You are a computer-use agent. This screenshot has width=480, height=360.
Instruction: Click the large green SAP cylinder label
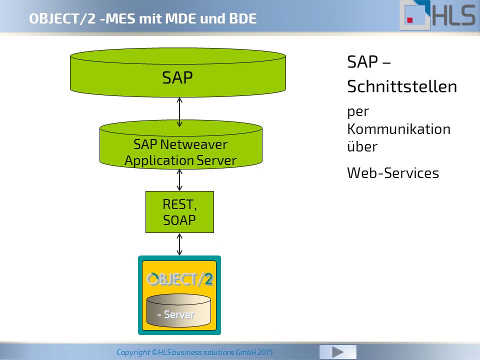(x=177, y=77)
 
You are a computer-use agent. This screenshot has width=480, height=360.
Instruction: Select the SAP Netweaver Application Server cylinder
(x=181, y=144)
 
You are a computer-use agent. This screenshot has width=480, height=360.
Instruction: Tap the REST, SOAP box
(x=179, y=212)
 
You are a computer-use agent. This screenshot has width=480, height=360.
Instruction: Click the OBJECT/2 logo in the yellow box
(x=179, y=279)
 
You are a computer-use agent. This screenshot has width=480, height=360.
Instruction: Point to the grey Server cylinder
(x=179, y=310)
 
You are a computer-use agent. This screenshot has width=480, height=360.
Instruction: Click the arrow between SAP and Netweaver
(x=179, y=112)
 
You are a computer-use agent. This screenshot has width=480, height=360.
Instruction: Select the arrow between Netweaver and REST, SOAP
(x=179, y=180)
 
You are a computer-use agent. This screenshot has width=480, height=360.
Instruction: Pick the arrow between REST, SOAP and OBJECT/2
(x=179, y=244)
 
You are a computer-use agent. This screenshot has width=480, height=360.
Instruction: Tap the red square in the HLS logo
(x=410, y=20)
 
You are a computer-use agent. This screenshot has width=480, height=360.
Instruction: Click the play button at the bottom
(x=337, y=352)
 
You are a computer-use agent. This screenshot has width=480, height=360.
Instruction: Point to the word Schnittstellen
(x=402, y=86)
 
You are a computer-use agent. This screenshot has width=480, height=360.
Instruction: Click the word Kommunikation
(x=398, y=129)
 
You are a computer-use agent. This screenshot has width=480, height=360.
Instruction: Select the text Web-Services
(x=393, y=173)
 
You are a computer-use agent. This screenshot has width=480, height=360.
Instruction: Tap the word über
(x=362, y=146)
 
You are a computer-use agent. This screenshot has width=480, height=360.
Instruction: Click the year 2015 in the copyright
(x=265, y=352)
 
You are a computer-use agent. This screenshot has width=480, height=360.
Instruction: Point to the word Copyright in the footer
(x=133, y=352)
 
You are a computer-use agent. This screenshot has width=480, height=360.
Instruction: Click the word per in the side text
(x=358, y=112)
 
